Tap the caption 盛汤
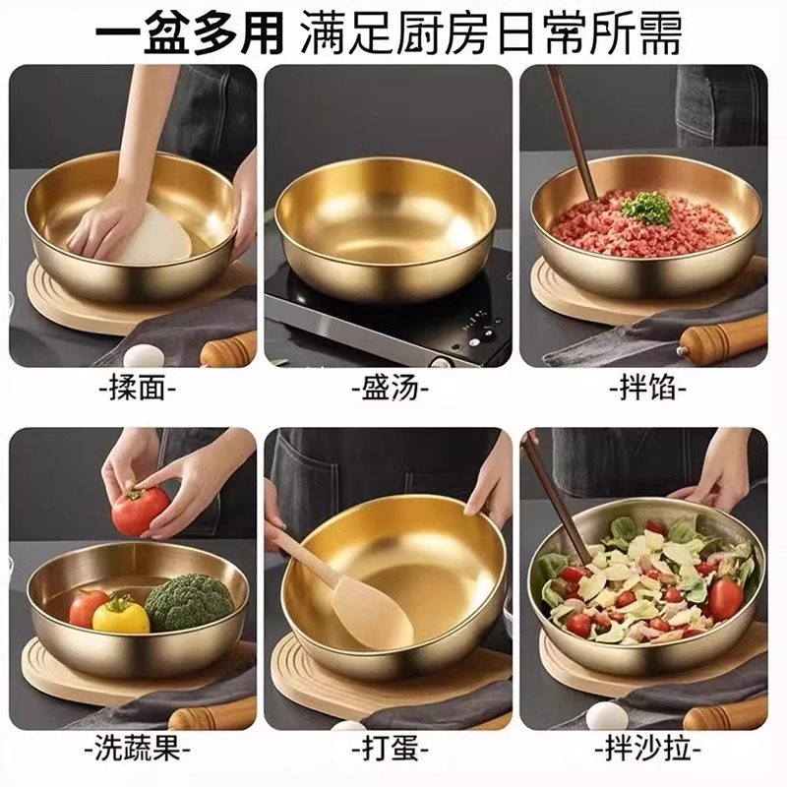coord(391,388)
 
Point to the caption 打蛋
coord(391,752)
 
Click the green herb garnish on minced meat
coord(646,208)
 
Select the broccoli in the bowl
coord(190,601)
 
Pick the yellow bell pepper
coord(121,615)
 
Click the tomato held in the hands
coord(141,511)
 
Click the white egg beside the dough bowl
coord(143,355)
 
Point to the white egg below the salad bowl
coord(606,716)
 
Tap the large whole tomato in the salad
coord(726,598)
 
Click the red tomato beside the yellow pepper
coord(89,607)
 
